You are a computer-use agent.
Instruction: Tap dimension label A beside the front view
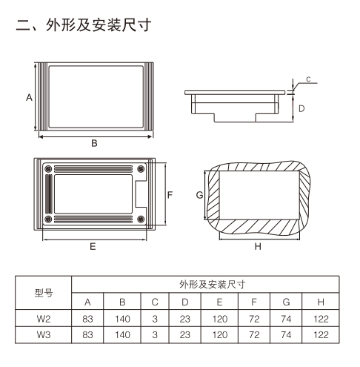(x=28, y=97)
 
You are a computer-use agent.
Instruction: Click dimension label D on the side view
(x=301, y=108)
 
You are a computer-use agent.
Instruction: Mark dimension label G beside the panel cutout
(x=199, y=194)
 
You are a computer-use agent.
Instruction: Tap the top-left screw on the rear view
(x=49, y=170)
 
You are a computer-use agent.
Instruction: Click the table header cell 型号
(x=44, y=292)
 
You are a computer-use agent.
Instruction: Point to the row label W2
(x=44, y=319)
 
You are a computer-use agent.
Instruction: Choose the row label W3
(x=44, y=335)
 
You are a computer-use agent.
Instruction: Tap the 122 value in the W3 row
(x=321, y=335)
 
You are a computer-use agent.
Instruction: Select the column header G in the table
(x=287, y=302)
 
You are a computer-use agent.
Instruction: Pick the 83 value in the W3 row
(x=87, y=335)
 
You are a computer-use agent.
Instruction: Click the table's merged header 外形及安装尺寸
(x=205, y=284)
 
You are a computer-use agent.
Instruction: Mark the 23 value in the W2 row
(x=184, y=319)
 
